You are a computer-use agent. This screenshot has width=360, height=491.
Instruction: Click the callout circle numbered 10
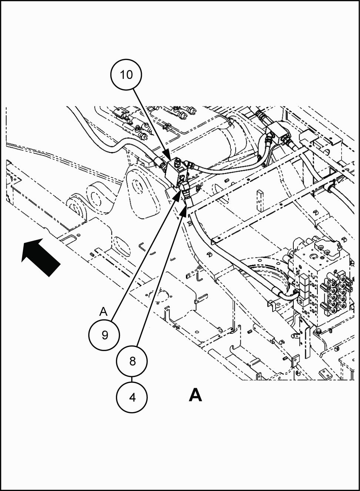126,74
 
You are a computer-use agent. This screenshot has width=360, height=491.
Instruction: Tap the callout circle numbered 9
105,335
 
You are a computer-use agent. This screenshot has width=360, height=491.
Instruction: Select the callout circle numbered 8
132,361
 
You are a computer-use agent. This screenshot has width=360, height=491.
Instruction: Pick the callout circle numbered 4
132,397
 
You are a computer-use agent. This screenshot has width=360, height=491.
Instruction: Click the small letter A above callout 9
103,312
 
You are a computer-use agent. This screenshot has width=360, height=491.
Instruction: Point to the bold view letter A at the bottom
195,395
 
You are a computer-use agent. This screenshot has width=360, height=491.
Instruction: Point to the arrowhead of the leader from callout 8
184,211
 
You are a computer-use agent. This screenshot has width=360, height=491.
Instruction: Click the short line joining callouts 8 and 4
132,379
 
